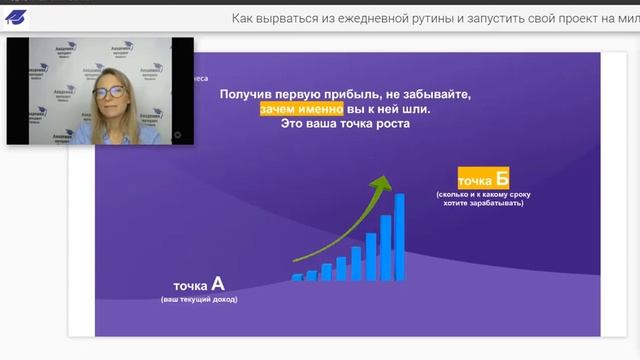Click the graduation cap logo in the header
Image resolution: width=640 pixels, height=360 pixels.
(x=17, y=17)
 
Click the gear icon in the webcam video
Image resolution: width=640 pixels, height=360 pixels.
(x=178, y=134)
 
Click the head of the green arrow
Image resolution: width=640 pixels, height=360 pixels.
(x=382, y=182)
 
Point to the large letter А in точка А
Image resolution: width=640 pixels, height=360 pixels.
(x=218, y=284)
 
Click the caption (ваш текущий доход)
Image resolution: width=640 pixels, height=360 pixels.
(x=200, y=300)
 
